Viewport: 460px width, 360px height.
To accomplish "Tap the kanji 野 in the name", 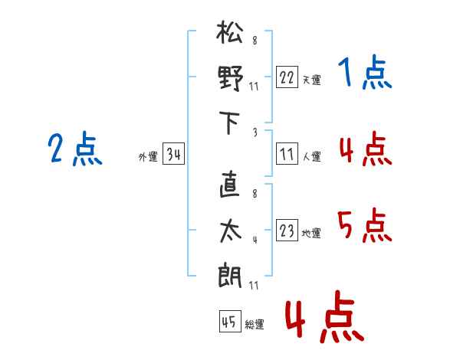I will click(230, 78).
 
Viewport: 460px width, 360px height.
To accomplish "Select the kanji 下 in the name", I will click(230, 123).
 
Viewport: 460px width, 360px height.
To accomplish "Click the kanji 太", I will click(230, 231).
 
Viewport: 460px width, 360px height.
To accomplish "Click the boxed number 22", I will click(287, 77).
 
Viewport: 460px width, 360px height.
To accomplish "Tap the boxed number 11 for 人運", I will click(287, 154).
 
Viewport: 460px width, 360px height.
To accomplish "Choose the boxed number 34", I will click(173, 155).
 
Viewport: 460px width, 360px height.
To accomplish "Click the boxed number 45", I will click(229, 322).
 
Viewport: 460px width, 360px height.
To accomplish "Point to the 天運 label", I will click(311, 80).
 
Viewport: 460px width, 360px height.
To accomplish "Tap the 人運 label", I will click(311, 156).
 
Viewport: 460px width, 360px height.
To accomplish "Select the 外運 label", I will click(148, 157).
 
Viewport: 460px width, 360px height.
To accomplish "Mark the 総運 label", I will click(254, 325).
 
